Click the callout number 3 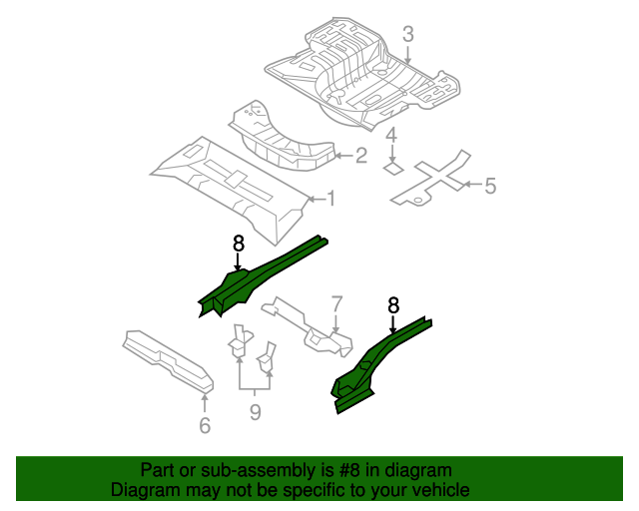[x=407, y=36]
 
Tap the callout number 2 [x=360, y=155]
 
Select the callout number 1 [x=330, y=199]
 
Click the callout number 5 [x=489, y=185]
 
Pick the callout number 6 [x=205, y=426]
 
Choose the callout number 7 [x=336, y=302]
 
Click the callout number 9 [x=255, y=411]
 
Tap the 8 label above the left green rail [x=238, y=243]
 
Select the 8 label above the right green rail [x=393, y=305]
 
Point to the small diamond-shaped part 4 [x=393, y=170]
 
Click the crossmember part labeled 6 [x=167, y=360]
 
